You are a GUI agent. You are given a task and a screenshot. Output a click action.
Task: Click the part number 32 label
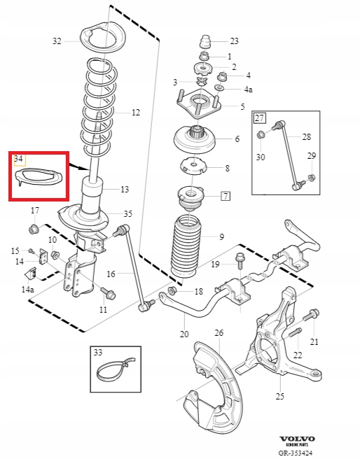[x=57, y=41]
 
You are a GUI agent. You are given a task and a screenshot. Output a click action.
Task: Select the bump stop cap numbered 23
[x=206, y=42]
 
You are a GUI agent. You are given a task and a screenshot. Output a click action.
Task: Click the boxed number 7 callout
[x=226, y=196]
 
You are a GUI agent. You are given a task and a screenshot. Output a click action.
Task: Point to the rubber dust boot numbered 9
[x=186, y=246]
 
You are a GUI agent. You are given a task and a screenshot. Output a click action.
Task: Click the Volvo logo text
[x=297, y=439]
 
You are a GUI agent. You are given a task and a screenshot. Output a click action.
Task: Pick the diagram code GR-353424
[x=296, y=453]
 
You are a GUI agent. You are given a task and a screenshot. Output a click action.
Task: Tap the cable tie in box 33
[x=115, y=370]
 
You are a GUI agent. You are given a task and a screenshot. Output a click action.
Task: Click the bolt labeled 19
[x=240, y=261]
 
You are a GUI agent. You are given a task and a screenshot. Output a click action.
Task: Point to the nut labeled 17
[x=34, y=229]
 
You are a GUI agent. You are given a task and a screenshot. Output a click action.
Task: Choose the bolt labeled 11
[x=108, y=293]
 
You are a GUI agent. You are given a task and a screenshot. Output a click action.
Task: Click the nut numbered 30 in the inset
[x=261, y=135]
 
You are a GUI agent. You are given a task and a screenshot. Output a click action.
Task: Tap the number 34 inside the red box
[x=18, y=159]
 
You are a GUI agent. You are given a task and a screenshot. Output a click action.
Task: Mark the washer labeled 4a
[x=219, y=87]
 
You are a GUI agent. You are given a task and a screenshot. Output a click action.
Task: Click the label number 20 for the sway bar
[x=184, y=334]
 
